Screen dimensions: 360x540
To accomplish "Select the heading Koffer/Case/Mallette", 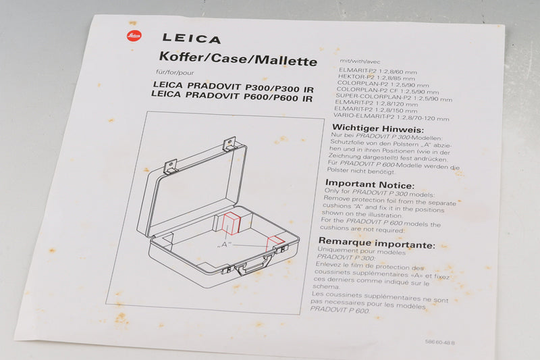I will (236, 61).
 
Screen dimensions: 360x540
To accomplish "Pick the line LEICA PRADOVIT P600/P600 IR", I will (233, 98).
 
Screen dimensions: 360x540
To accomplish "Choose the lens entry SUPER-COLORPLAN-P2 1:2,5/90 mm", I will (394, 99).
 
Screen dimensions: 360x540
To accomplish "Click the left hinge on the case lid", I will (171, 165).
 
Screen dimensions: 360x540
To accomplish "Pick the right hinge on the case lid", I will (230, 143).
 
